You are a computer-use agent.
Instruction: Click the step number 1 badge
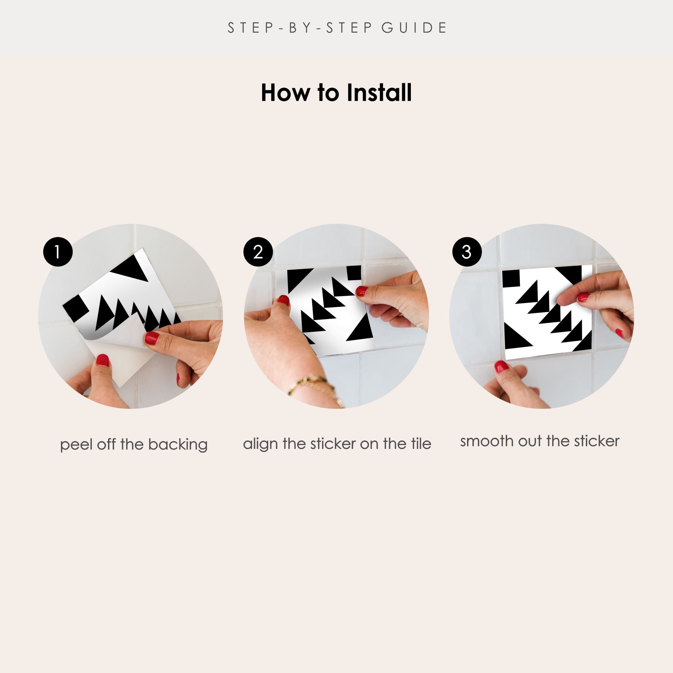pyautogui.click(x=58, y=252)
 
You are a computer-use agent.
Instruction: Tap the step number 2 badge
pyautogui.click(x=258, y=252)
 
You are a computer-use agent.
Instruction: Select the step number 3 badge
pyautogui.click(x=467, y=252)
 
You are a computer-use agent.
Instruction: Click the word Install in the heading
pyautogui.click(x=379, y=93)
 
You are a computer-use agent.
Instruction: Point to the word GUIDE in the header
pyautogui.click(x=414, y=28)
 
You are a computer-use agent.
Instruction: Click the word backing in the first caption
pyautogui.click(x=178, y=445)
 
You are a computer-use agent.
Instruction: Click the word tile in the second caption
pyautogui.click(x=421, y=444)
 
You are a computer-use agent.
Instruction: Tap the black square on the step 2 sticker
pyautogui.click(x=354, y=273)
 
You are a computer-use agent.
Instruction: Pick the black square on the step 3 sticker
pyautogui.click(x=511, y=279)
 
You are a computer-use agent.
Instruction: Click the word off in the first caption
pyautogui.click(x=107, y=445)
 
